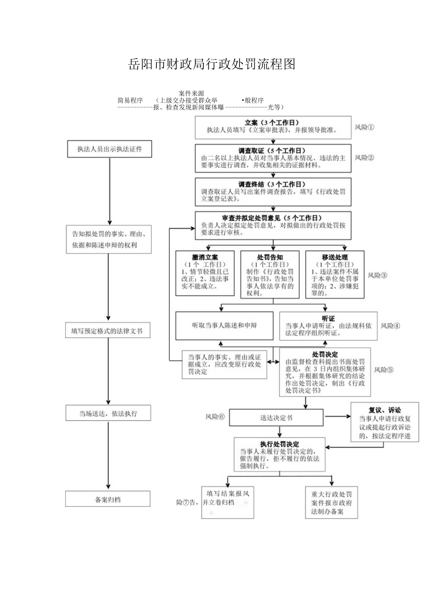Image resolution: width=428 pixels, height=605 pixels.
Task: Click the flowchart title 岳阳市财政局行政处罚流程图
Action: tap(212, 65)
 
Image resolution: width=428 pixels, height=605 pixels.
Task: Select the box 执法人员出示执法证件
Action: tap(109, 149)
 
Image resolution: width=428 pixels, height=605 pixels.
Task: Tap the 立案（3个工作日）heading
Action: tap(272, 123)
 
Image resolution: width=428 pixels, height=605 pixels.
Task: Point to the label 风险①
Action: tap(364, 127)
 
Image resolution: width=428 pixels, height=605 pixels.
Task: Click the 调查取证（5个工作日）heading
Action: tap(272, 151)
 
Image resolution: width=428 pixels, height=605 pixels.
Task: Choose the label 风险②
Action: tap(364, 158)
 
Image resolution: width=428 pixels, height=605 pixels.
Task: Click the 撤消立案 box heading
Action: tap(205, 257)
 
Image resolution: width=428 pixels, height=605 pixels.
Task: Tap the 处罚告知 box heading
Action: tap(270, 257)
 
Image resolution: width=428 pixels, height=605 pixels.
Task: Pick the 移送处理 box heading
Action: tap(335, 257)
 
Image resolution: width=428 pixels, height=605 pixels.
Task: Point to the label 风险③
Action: tap(377, 275)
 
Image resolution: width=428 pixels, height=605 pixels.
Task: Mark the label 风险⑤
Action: tap(384, 370)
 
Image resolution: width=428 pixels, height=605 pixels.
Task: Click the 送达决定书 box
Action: tap(276, 418)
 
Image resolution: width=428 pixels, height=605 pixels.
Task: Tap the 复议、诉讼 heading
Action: tap(385, 410)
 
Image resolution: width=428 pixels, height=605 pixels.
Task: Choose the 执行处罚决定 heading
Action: tap(280, 444)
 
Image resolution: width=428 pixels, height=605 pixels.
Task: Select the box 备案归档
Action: tap(107, 499)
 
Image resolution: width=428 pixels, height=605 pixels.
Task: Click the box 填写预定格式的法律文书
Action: tap(107, 332)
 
